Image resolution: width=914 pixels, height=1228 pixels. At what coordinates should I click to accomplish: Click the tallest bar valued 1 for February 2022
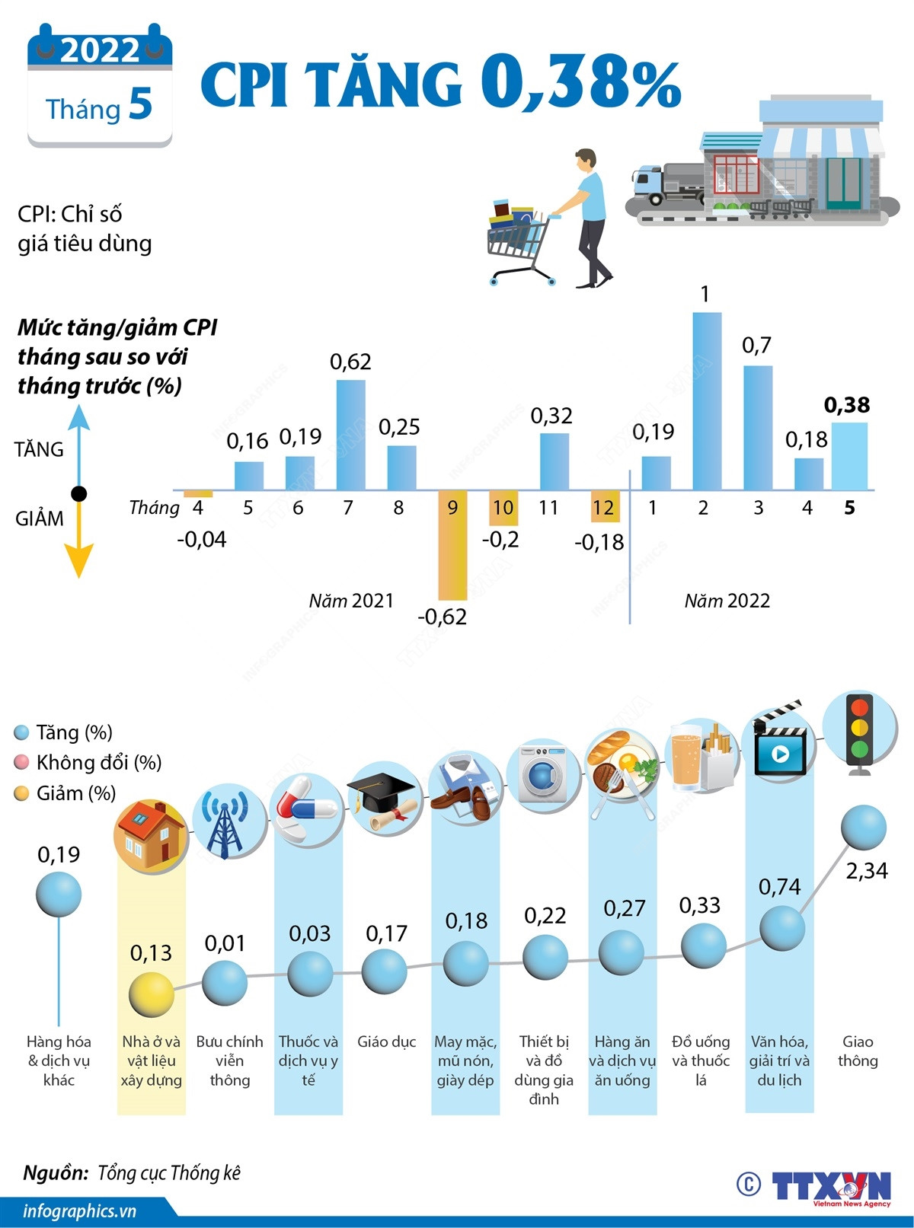[707, 400]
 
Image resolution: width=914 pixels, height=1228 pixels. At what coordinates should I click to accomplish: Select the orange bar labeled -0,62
[452, 545]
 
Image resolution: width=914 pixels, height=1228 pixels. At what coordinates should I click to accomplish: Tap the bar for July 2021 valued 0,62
[350, 435]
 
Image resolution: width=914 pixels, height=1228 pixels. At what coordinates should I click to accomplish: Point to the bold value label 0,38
[847, 405]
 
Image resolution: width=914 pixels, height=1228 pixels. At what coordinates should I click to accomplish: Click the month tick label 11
[548, 508]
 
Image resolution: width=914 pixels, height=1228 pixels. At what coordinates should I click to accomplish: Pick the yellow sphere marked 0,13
[152, 994]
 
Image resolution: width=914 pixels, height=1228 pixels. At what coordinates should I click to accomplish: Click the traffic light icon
[860, 732]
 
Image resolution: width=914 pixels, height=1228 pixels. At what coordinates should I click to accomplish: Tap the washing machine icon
[543, 773]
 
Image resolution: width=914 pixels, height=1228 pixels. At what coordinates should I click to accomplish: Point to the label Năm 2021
[351, 601]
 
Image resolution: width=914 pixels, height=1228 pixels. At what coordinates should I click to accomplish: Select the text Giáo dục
[386, 1041]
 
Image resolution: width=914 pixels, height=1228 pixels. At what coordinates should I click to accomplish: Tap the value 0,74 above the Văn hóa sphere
[779, 886]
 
